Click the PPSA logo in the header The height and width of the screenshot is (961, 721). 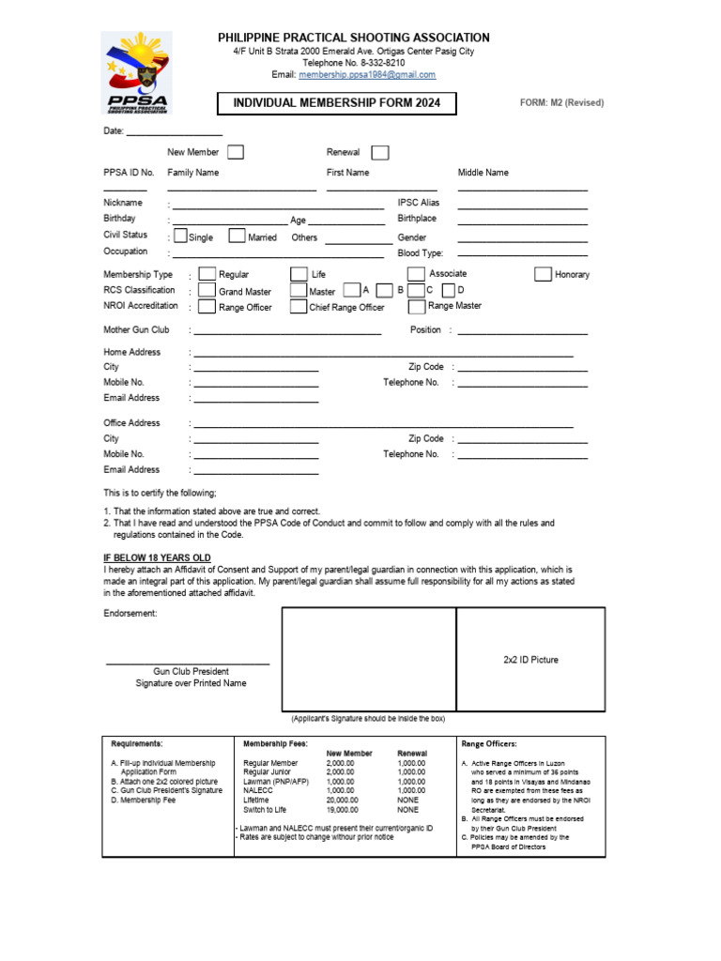pyautogui.click(x=136, y=71)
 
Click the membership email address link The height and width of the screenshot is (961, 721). pyautogui.click(x=367, y=74)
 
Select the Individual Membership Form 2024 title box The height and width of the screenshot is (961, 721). pyautogui.click(x=337, y=103)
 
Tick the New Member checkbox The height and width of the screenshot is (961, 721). pyautogui.click(x=236, y=152)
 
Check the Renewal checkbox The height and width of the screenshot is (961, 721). pyautogui.click(x=380, y=152)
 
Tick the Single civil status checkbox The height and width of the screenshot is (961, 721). pyautogui.click(x=180, y=236)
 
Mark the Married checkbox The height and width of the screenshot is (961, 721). pyautogui.click(x=238, y=236)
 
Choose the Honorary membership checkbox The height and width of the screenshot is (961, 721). pyautogui.click(x=543, y=274)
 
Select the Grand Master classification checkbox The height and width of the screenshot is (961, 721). pyautogui.click(x=207, y=291)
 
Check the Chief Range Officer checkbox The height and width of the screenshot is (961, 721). pyautogui.click(x=299, y=307)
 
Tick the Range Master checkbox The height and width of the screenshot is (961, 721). pyautogui.click(x=417, y=306)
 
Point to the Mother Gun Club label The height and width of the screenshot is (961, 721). pyautogui.click(x=136, y=330)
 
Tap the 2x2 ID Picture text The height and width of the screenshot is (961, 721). pyautogui.click(x=530, y=660)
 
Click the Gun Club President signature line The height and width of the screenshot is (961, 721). pyautogui.click(x=188, y=664)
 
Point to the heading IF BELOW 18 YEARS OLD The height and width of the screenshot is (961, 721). pyautogui.click(x=157, y=557)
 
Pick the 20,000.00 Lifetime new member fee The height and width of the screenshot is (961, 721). pyautogui.click(x=341, y=800)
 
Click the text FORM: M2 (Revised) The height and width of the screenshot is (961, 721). pyautogui.click(x=562, y=103)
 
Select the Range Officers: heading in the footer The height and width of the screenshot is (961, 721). pyautogui.click(x=489, y=743)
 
